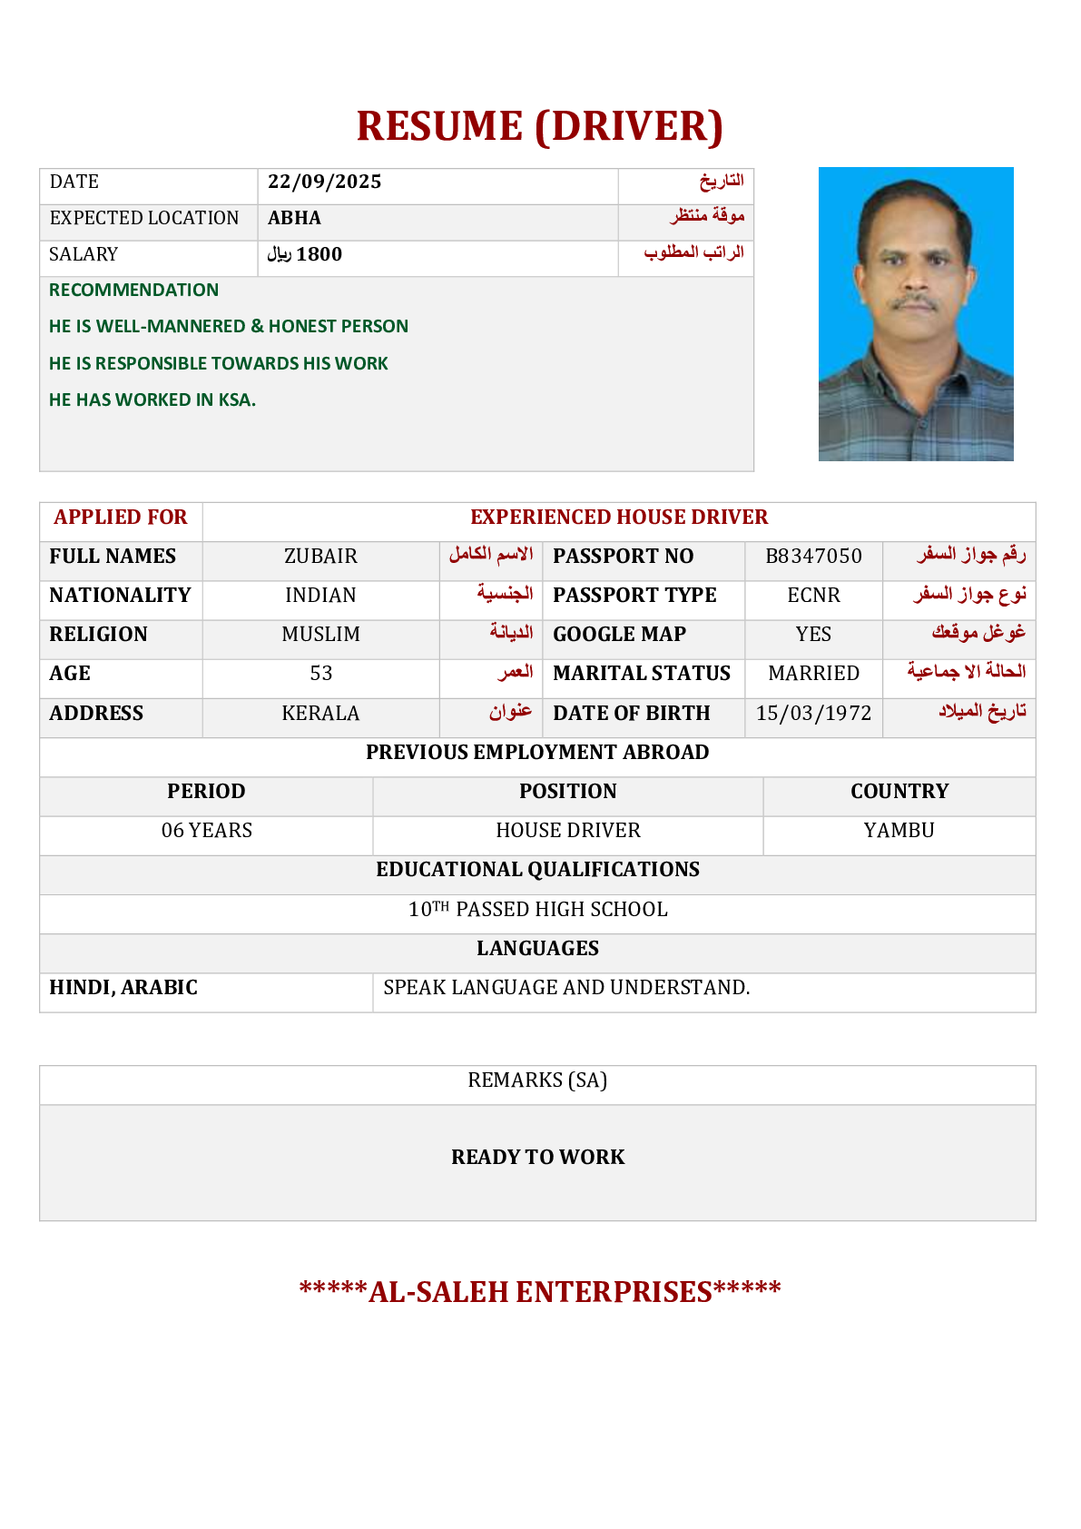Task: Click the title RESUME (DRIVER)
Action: click(539, 126)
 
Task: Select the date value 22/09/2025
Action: click(324, 182)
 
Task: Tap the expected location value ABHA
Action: click(294, 218)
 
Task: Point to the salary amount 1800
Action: click(319, 254)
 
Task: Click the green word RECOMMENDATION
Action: click(133, 290)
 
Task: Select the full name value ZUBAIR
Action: click(320, 556)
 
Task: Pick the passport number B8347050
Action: click(813, 556)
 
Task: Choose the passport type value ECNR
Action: click(813, 595)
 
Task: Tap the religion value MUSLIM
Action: click(320, 634)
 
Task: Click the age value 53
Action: click(320, 673)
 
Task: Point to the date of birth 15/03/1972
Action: click(813, 713)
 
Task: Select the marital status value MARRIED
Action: click(813, 673)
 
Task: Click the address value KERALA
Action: click(320, 713)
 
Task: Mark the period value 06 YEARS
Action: click(206, 830)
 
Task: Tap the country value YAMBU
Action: click(899, 830)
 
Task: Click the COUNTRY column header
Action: click(899, 791)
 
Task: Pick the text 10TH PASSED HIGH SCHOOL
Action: click(537, 909)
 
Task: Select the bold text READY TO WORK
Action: click(537, 1157)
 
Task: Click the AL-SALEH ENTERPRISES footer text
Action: click(539, 1291)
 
